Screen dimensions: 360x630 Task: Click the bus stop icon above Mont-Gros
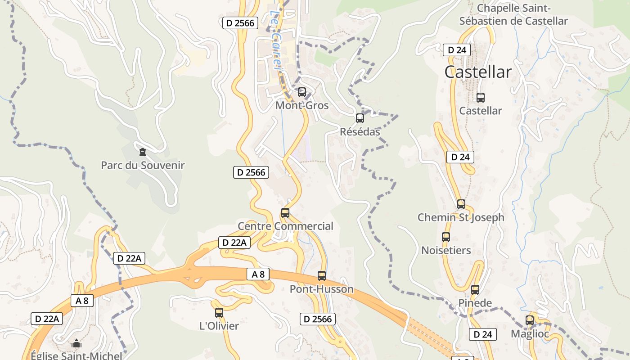point(302,92)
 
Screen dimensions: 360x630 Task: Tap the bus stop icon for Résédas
point(360,118)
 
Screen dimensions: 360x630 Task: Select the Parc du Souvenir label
point(143,165)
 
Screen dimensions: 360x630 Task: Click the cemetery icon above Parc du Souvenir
point(143,152)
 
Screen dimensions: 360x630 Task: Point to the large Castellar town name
point(478,72)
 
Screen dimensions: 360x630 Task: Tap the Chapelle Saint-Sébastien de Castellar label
point(513,14)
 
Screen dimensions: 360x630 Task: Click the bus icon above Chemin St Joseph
point(461,204)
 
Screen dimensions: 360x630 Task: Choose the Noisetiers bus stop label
point(446,250)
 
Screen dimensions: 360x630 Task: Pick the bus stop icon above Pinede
point(475,290)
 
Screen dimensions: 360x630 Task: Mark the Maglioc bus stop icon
point(530,320)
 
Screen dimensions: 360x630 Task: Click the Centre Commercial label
point(285,226)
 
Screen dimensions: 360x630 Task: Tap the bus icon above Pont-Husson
point(322,276)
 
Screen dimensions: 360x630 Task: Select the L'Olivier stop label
point(219,325)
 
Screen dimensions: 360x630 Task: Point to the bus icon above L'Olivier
point(219,312)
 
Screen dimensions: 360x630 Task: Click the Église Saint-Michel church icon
point(76,344)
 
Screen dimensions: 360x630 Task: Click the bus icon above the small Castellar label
point(481,97)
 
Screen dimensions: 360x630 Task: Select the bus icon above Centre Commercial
point(285,213)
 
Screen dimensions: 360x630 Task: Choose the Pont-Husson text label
point(322,289)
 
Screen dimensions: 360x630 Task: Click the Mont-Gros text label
point(302,105)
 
